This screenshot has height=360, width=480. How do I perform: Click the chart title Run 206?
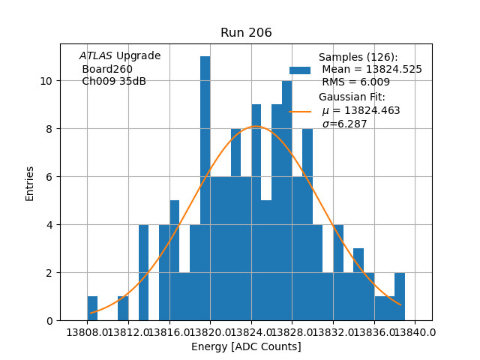coord(246,33)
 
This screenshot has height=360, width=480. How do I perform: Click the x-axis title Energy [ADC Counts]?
coord(246,346)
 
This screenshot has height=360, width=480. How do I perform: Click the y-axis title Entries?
coord(30,183)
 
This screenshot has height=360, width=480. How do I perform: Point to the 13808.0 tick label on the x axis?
coord(87,331)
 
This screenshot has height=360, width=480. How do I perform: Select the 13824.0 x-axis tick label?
coord(251,331)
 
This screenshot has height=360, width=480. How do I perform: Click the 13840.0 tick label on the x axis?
coord(415,331)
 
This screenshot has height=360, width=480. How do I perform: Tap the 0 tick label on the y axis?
coord(49,321)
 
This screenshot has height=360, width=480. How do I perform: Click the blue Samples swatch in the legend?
coord(300,70)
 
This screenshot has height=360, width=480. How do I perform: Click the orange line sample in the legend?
coord(300,111)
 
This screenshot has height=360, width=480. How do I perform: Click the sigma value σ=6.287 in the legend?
coord(345,124)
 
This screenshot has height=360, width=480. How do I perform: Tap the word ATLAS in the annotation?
coord(95,56)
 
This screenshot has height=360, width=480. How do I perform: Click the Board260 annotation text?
coord(107,69)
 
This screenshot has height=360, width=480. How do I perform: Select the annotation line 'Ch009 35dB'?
coord(114,81)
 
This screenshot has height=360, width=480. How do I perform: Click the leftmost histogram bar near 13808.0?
coord(92,309)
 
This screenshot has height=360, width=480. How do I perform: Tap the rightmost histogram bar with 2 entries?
coord(400,297)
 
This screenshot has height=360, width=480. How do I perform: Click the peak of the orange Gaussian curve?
coord(256,126)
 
